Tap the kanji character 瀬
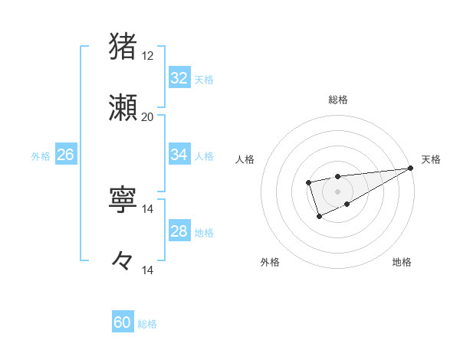tap(123, 107)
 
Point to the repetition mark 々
tap(123, 260)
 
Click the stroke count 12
tap(147, 56)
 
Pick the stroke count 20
tap(147, 117)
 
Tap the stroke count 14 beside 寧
tap(147, 209)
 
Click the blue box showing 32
tap(179, 78)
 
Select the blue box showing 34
tap(179, 155)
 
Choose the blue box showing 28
tap(179, 231)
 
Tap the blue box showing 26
tap(65, 155)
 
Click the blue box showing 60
tap(123, 322)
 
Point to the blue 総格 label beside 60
tap(148, 324)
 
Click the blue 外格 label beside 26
tap(41, 155)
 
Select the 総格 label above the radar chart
tap(337, 100)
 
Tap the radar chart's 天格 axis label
tap(431, 159)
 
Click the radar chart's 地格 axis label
tap(402, 263)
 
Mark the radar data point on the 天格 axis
tap(412, 168)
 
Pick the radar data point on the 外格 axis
tap(320, 217)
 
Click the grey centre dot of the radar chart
tap(337, 191)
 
